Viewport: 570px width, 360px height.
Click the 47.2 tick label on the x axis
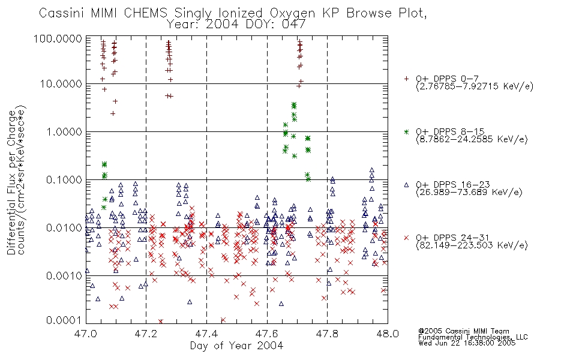click(x=146, y=334)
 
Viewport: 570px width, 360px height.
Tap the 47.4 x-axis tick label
click(x=206, y=334)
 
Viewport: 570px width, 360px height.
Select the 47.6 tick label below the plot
click(x=267, y=334)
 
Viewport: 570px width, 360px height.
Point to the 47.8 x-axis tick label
click(x=327, y=334)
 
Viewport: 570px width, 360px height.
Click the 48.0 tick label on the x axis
click(x=388, y=334)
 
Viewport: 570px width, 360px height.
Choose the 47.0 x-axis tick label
click(x=86, y=334)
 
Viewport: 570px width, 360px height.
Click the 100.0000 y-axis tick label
click(x=58, y=39)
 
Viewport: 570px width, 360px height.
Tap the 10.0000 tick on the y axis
click(x=61, y=84)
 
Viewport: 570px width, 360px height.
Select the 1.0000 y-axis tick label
click(x=64, y=132)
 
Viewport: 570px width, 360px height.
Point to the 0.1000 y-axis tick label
click(x=64, y=180)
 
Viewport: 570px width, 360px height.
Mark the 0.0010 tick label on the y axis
click(x=64, y=276)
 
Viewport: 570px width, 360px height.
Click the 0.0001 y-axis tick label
click(x=64, y=320)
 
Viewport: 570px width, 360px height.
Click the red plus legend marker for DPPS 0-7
click(x=406, y=79)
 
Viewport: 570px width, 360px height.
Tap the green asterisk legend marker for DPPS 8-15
click(x=406, y=131)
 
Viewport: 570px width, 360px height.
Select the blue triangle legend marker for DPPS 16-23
click(x=406, y=185)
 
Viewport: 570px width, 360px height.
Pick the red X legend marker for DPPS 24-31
click(x=406, y=238)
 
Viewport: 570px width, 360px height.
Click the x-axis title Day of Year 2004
click(x=236, y=346)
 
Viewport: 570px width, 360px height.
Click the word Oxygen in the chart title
click(x=293, y=13)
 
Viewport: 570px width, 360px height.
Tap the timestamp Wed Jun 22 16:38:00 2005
click(x=467, y=343)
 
